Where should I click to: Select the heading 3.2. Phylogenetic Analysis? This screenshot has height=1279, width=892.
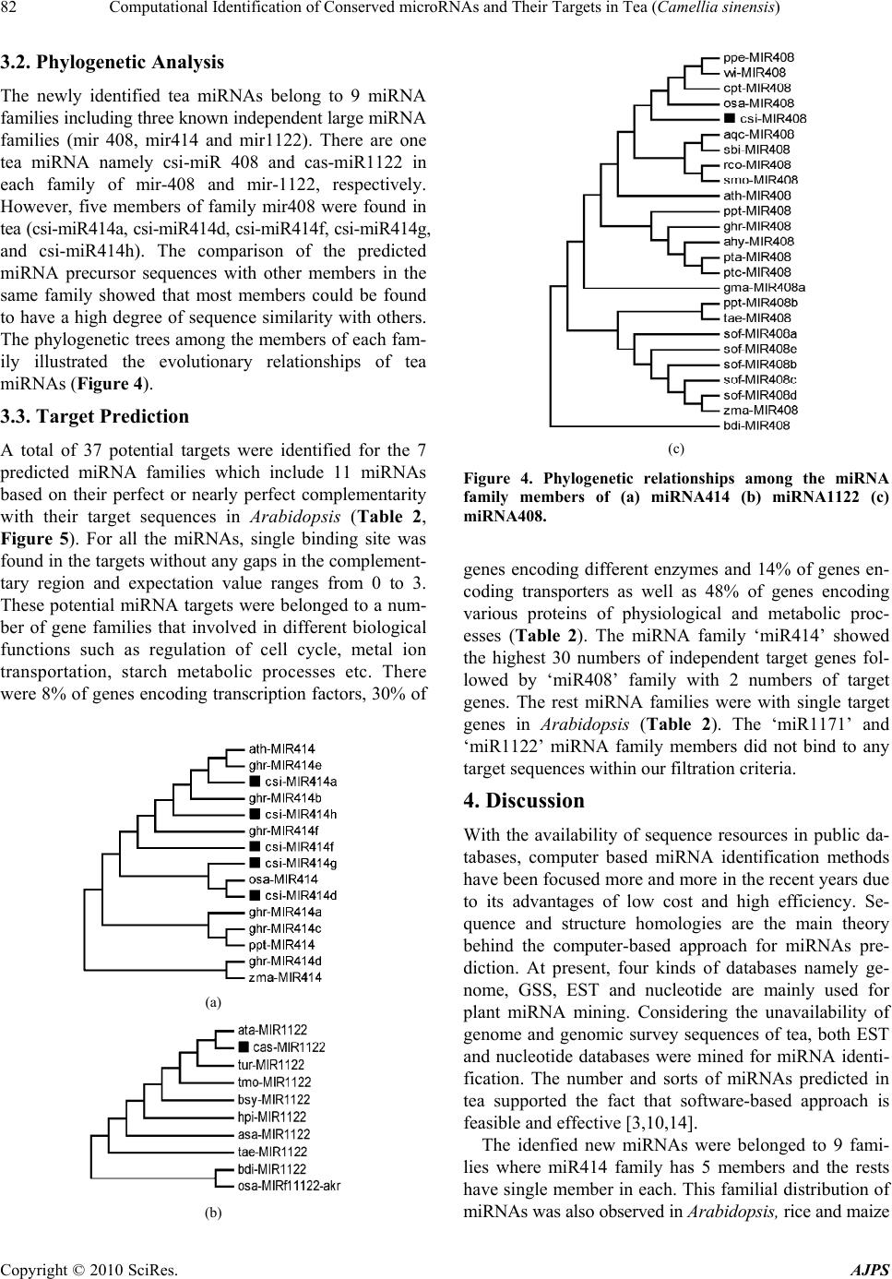(x=113, y=63)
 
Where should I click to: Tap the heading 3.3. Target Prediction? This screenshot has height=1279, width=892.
(x=95, y=416)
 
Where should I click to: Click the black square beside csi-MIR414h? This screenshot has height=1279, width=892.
(x=254, y=814)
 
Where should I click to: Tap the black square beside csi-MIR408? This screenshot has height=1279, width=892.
(x=730, y=118)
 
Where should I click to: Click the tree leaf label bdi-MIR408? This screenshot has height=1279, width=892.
(x=755, y=425)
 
